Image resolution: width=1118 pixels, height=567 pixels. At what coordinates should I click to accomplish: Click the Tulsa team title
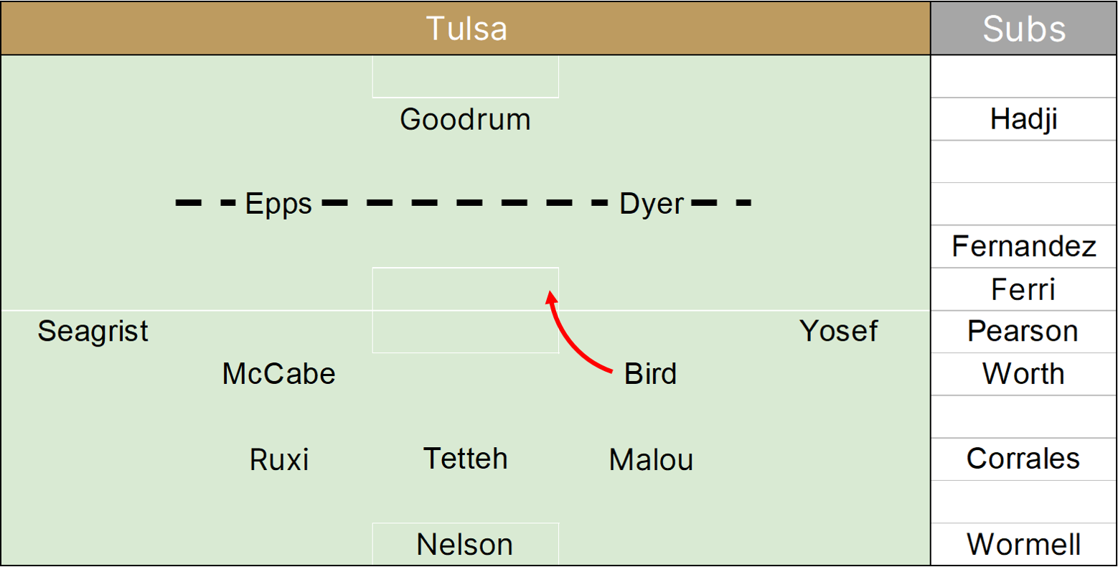[466, 29]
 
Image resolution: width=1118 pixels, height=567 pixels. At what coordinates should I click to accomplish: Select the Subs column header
[1024, 29]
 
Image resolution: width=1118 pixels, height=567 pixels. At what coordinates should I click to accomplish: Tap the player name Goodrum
[465, 119]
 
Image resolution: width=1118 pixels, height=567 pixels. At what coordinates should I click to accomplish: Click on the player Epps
[278, 204]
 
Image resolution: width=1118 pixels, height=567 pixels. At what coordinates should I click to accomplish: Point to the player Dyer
[652, 204]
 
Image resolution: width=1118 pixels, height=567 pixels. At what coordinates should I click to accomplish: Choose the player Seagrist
[93, 332]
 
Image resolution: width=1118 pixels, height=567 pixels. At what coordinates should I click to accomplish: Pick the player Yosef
[838, 332]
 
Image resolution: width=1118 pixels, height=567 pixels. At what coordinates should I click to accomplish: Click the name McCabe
[278, 374]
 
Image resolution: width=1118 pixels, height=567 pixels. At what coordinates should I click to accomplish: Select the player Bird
[650, 374]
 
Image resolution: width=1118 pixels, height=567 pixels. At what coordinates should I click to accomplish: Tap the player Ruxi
[279, 459]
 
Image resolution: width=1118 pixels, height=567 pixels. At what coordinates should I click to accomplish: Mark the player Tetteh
[465, 459]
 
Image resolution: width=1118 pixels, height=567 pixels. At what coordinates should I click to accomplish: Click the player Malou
[651, 459]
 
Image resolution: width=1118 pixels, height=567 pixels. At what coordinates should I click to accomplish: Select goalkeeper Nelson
[464, 545]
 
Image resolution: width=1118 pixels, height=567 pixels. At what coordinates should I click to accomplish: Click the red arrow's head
[550, 296]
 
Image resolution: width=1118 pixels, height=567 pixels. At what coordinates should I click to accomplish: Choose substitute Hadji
[1023, 119]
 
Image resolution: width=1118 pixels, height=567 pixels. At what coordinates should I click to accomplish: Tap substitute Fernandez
[1023, 247]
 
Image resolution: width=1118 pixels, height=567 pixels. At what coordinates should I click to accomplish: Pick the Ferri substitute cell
[1023, 289]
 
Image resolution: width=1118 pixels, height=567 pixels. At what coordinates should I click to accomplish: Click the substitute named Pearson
[1023, 332]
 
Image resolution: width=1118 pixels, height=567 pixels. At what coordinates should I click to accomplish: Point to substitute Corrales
[1023, 459]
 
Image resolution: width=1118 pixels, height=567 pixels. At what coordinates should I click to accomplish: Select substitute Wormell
[1023, 545]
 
